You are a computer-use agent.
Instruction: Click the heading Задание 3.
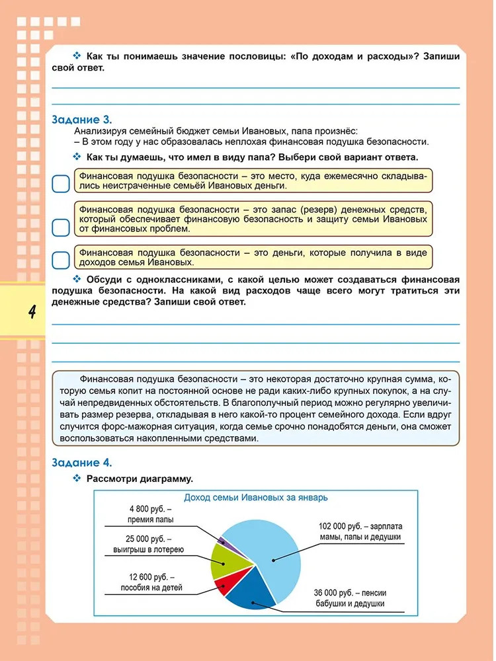[81, 120]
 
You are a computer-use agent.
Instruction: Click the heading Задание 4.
[81, 463]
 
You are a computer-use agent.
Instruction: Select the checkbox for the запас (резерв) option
[60, 227]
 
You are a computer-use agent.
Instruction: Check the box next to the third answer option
[60, 260]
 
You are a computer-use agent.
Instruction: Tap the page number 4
[31, 311]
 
